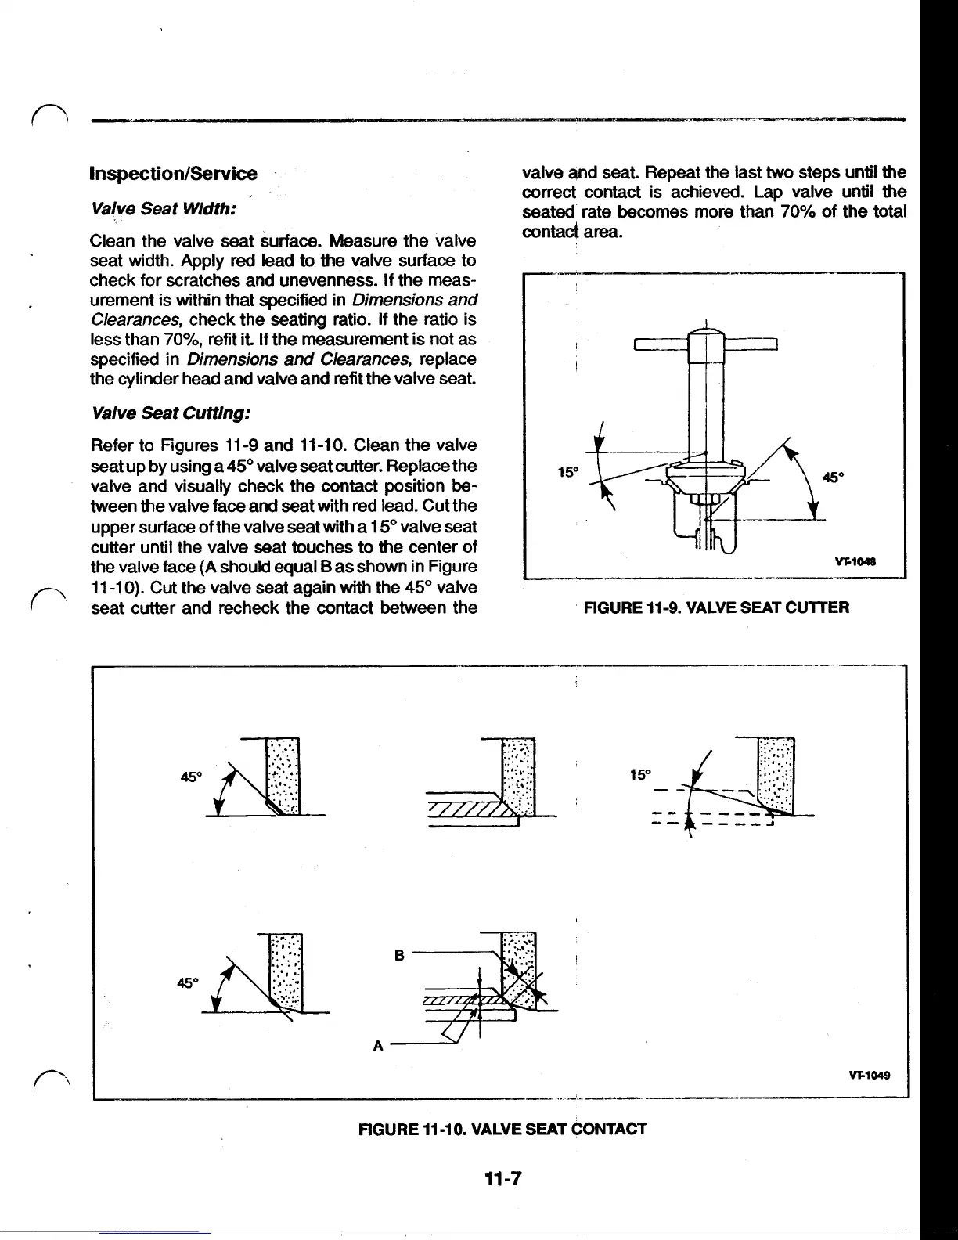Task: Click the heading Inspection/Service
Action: coord(174,173)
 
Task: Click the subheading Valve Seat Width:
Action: coord(164,211)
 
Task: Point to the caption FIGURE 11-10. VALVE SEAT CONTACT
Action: coord(502,1129)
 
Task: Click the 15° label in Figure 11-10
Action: coord(640,774)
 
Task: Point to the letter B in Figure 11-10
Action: coord(399,955)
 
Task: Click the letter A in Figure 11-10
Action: coord(378,1046)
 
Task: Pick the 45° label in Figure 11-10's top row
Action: coord(191,777)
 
